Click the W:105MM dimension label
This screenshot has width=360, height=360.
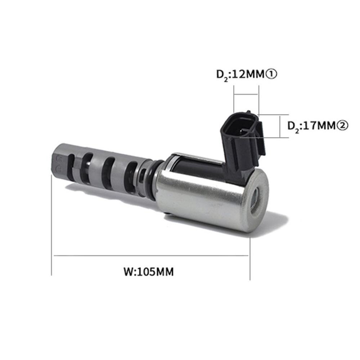(149, 271)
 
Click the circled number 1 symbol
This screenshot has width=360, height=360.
(271, 74)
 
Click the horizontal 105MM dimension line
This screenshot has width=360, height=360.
(151, 256)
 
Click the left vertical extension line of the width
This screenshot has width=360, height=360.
(52, 223)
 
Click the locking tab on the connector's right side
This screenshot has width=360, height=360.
(261, 139)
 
